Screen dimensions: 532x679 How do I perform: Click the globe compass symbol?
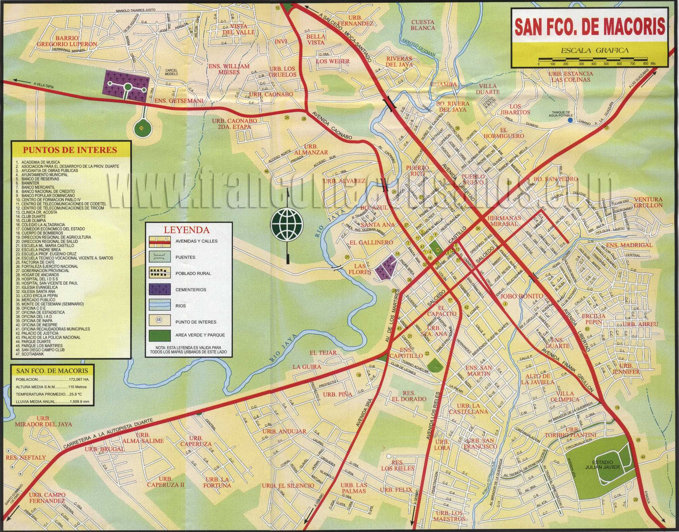287,224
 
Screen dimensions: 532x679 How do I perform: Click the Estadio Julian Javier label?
602,464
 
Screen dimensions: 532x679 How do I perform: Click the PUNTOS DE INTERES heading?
70,150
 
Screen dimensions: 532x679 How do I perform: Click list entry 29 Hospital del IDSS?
40,279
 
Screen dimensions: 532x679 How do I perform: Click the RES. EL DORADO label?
409,396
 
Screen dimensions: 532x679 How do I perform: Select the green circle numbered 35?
141,128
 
